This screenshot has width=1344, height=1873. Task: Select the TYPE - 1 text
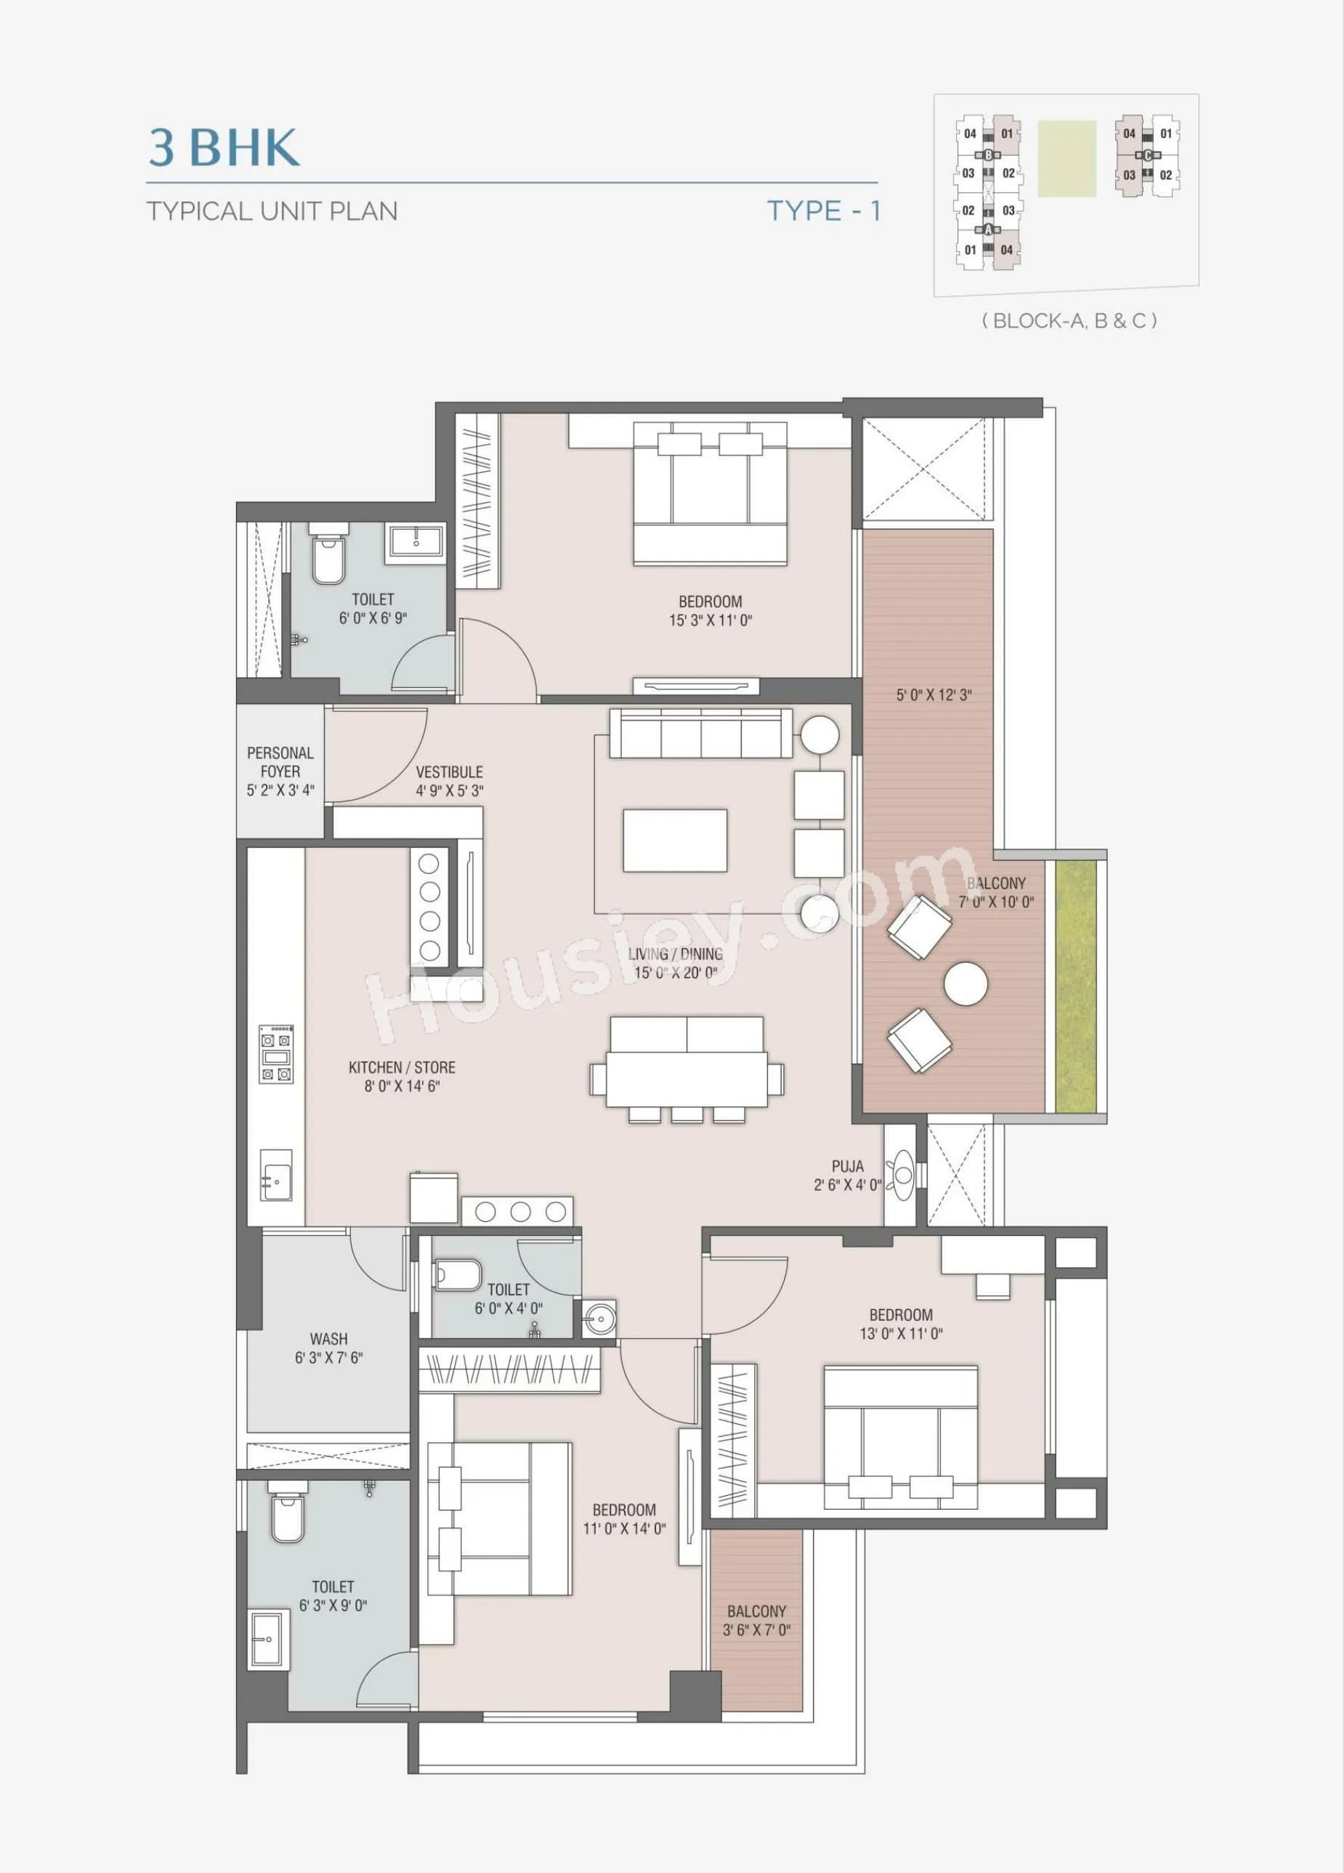pyautogui.click(x=824, y=211)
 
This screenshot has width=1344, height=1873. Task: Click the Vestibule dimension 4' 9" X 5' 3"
pyautogui.click(x=449, y=790)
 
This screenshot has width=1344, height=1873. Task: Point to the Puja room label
pyautogui.click(x=847, y=1166)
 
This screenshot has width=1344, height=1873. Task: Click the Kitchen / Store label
pyautogui.click(x=401, y=1068)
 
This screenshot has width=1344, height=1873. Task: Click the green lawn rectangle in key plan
pyautogui.click(x=1066, y=158)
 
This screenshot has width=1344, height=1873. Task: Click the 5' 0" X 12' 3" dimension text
pyautogui.click(x=934, y=695)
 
